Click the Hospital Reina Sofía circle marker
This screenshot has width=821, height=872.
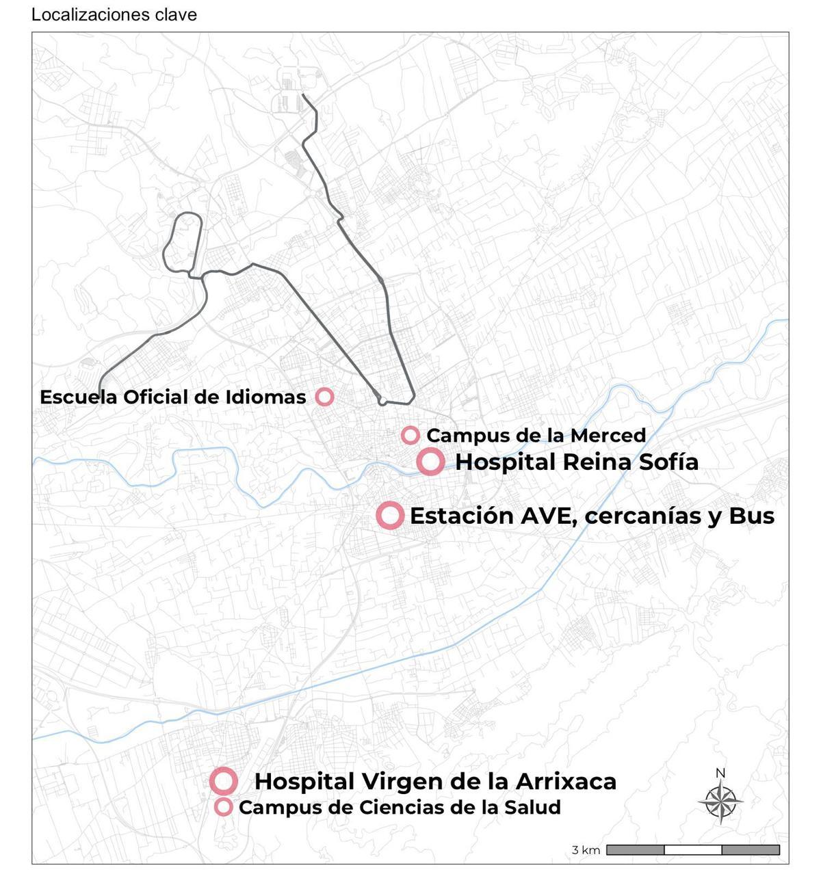[x=431, y=462]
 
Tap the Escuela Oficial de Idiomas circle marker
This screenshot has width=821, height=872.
[x=324, y=397]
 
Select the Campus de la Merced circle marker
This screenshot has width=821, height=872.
[x=410, y=435]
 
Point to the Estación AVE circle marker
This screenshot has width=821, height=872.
[x=390, y=515]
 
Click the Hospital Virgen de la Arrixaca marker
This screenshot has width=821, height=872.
[x=224, y=781]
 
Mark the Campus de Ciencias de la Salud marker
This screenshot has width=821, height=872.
[x=224, y=807]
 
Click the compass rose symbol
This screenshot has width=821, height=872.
[x=720, y=801]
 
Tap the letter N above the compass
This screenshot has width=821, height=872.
[x=720, y=774]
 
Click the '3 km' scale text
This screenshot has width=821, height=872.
[x=586, y=850]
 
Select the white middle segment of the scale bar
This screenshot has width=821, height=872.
[x=692, y=850]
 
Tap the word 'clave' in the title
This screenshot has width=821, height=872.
[x=177, y=15]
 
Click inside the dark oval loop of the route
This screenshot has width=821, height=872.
[x=183, y=243]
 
